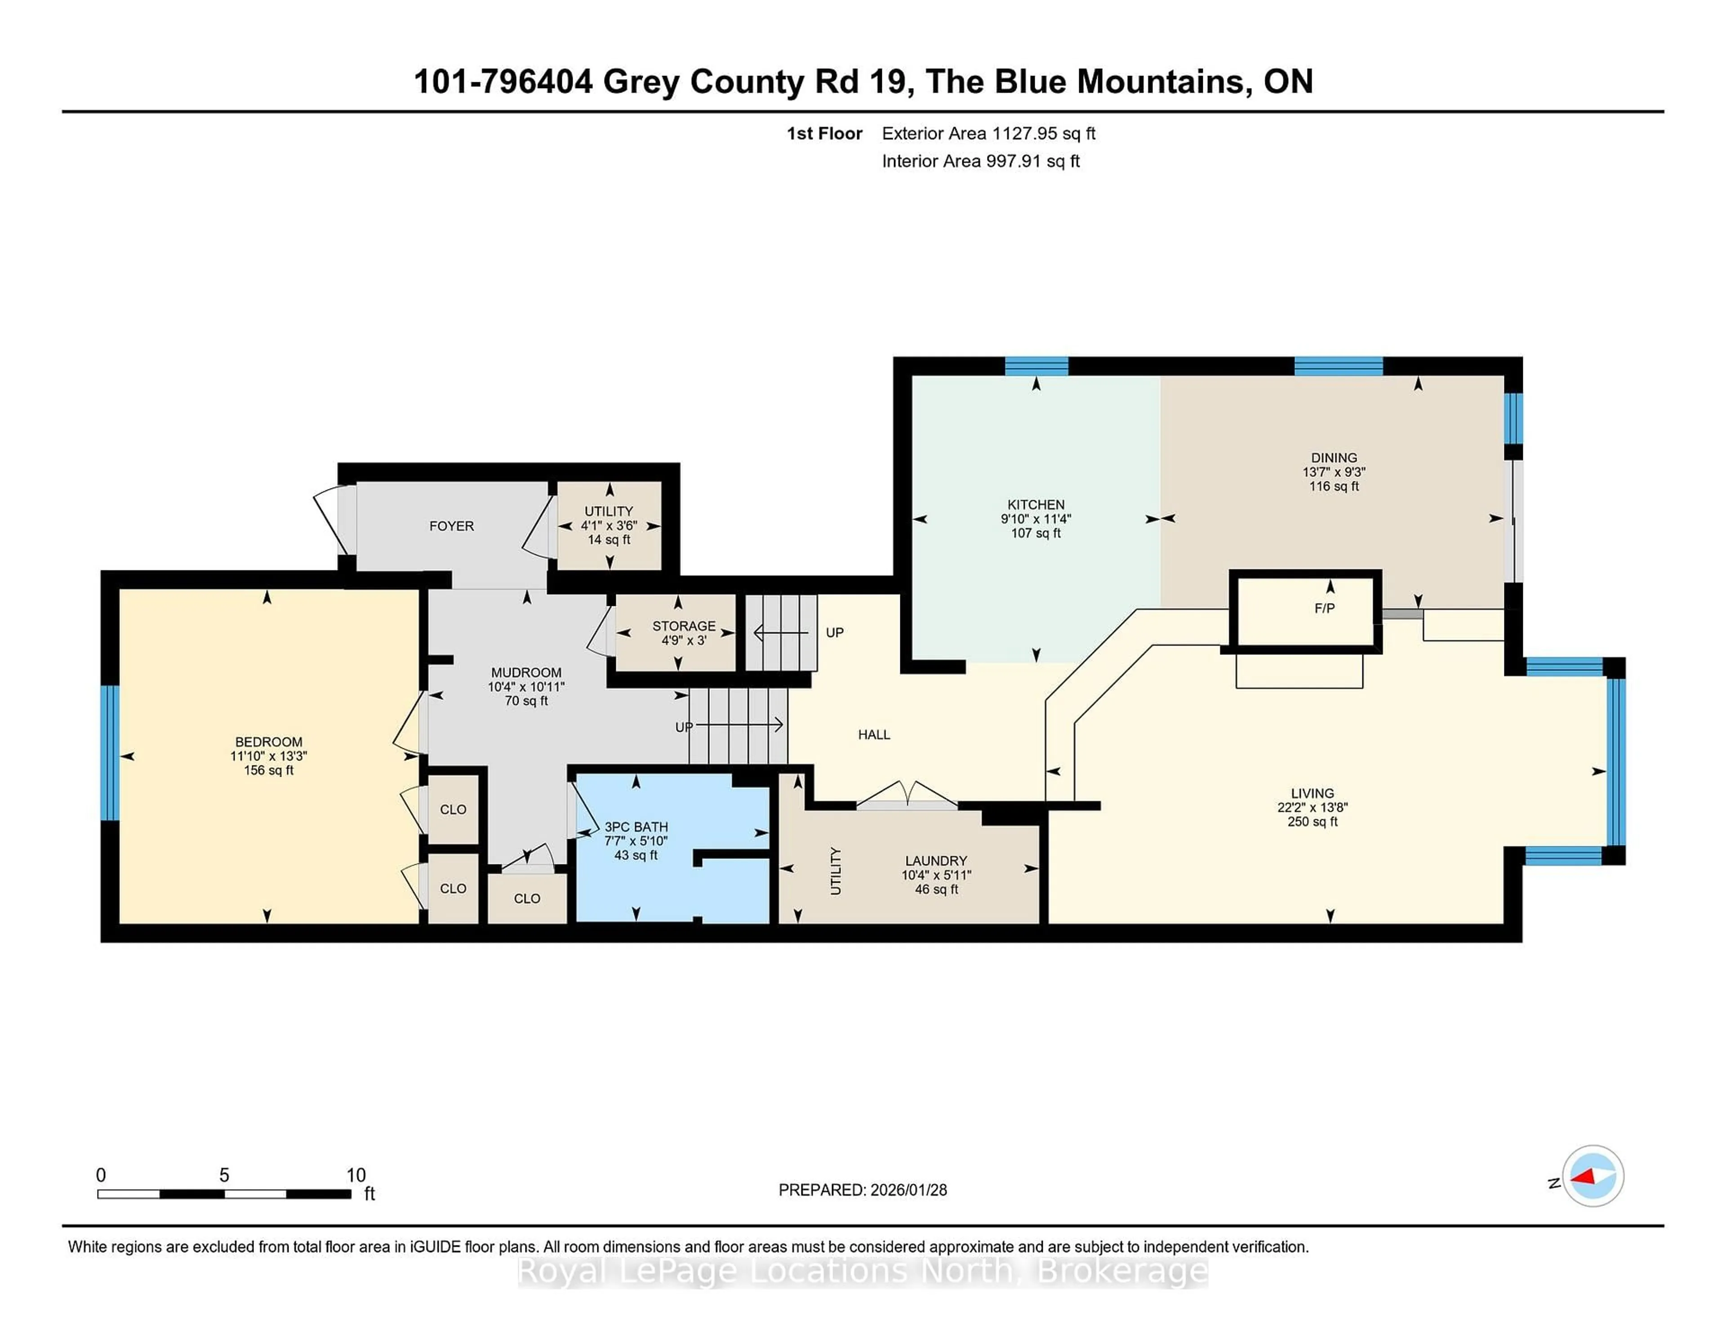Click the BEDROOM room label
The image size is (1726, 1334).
tap(269, 741)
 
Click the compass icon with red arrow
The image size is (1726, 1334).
tap(1593, 1176)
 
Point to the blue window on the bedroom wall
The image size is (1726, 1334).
tap(110, 752)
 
